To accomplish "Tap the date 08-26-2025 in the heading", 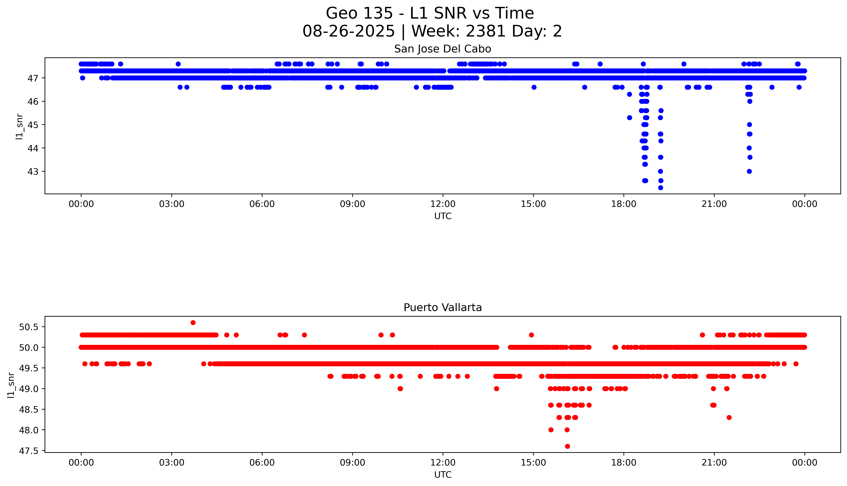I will pos(348,31).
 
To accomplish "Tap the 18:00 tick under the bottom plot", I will pos(624,463).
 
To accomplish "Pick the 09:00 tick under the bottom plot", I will pos(353,463).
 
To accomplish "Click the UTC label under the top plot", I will pos(443,216).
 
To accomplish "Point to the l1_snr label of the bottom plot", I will pos(11,385).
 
